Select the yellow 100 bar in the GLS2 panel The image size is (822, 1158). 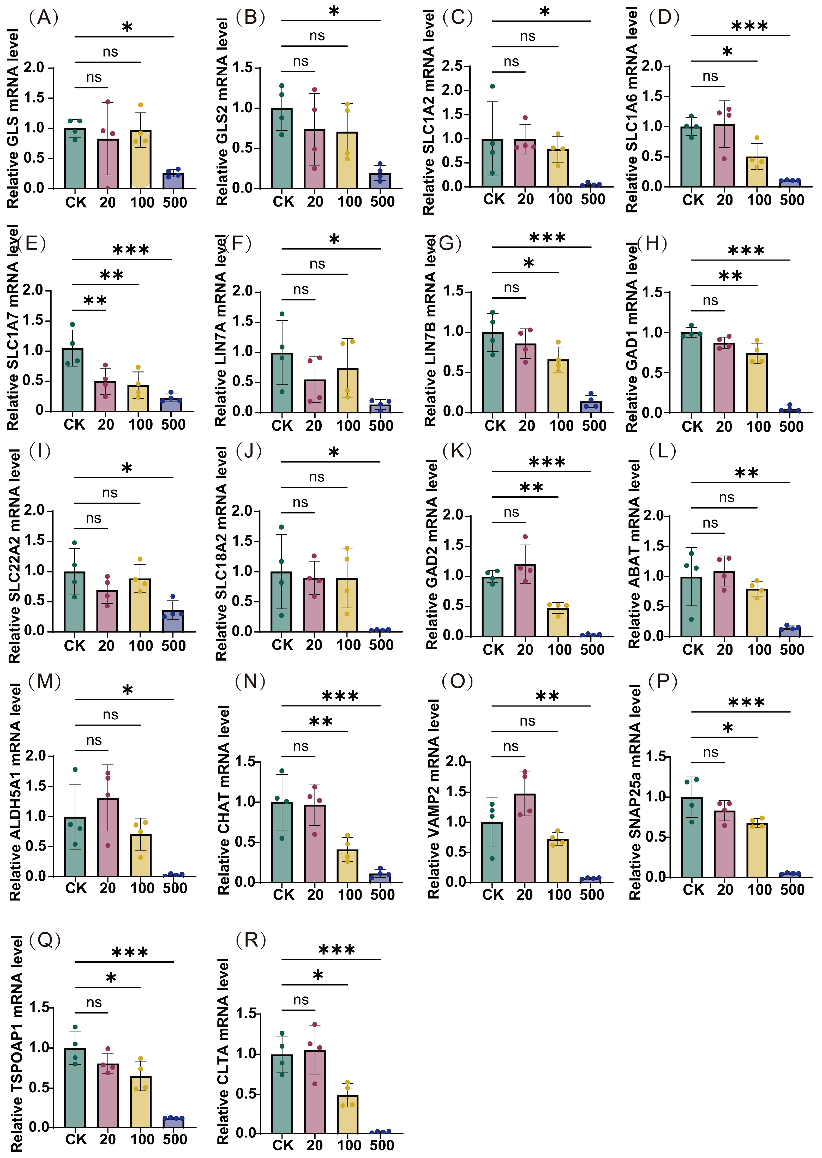point(347,160)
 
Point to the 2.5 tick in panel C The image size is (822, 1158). point(452,66)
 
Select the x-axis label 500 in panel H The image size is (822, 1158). point(791,426)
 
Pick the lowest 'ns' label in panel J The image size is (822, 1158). point(300,502)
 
